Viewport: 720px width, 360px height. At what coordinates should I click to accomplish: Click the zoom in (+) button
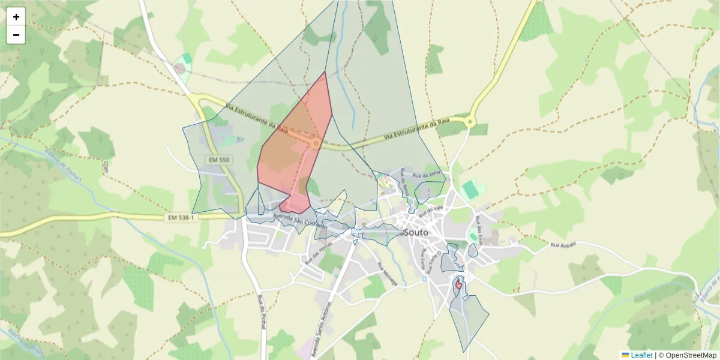[x=16, y=17]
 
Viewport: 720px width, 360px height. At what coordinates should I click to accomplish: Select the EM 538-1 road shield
[x=181, y=217]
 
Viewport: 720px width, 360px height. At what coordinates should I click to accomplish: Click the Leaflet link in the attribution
[x=641, y=355]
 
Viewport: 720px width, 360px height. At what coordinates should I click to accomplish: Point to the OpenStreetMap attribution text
[x=687, y=355]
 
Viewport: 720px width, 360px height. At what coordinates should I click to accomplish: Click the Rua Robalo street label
[x=563, y=245]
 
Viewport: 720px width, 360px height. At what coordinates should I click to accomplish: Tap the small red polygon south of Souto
[x=458, y=285]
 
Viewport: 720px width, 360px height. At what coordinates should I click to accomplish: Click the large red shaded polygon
[x=294, y=150]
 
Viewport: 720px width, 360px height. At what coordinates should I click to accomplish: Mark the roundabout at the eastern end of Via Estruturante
[x=470, y=122]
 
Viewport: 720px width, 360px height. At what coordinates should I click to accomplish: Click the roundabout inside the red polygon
[x=316, y=143]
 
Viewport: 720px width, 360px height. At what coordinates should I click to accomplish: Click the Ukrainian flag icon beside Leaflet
[x=626, y=355]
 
